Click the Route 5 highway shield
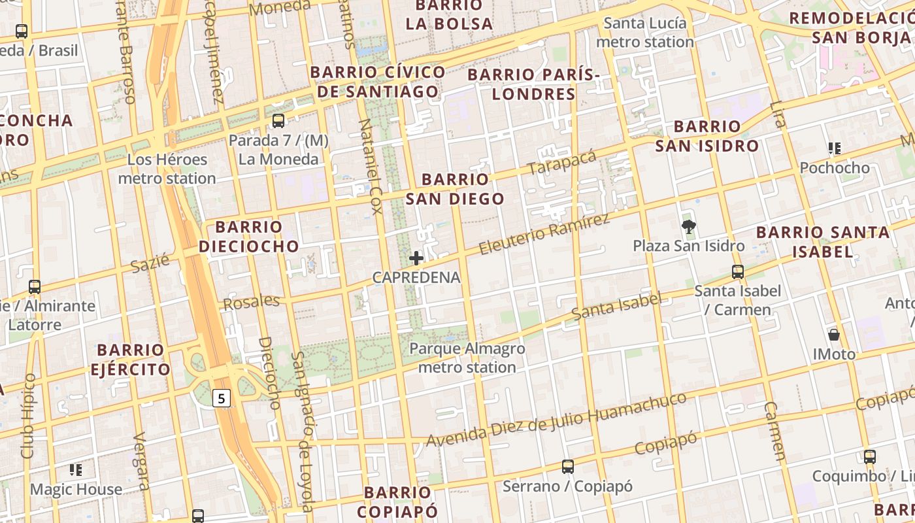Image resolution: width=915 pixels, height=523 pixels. click(x=222, y=397)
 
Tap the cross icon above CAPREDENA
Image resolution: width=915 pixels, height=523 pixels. click(x=416, y=258)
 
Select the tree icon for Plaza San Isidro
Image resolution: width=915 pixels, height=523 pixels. click(x=688, y=227)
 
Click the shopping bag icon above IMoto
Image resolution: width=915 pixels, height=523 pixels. click(x=834, y=335)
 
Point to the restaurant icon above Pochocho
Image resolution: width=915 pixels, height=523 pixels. click(x=834, y=148)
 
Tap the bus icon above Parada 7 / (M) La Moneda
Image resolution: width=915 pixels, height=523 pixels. click(x=278, y=121)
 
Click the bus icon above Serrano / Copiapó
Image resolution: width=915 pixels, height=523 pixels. click(x=568, y=467)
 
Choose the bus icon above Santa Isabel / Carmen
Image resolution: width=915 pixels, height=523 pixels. click(x=738, y=271)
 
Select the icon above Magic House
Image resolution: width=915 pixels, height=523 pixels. click(x=76, y=470)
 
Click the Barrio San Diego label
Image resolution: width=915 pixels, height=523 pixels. click(x=455, y=189)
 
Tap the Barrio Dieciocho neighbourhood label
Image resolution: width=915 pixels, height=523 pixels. click(x=248, y=237)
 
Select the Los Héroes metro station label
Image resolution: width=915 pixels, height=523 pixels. click(x=167, y=169)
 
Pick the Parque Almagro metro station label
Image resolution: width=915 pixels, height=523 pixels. click(x=467, y=358)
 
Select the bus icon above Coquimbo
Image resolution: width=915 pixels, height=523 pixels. click(x=869, y=457)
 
